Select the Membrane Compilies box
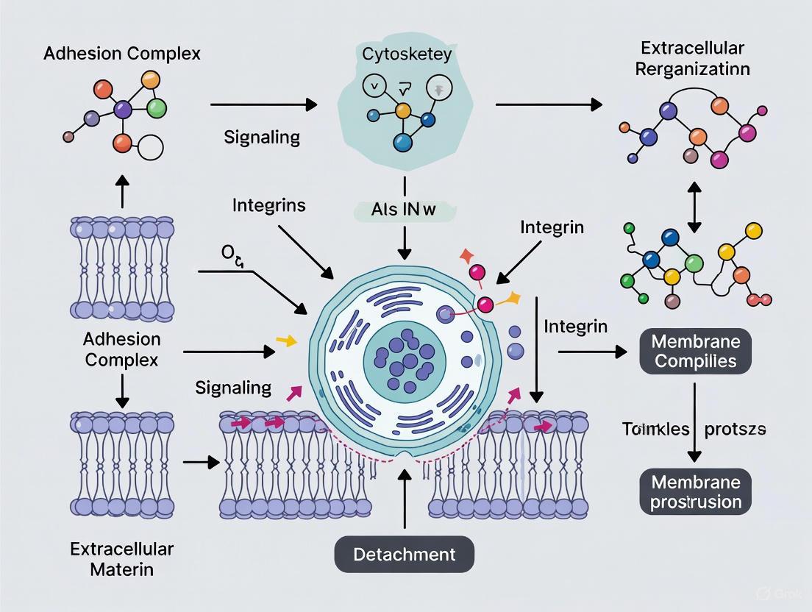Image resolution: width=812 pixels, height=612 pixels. pos(695,351)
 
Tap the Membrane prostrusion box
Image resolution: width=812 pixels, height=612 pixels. pos(695,492)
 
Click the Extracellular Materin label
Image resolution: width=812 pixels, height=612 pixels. pos(121,559)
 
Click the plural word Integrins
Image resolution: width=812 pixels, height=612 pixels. pos(268,204)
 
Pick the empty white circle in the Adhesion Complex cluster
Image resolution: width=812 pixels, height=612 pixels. pos(150,147)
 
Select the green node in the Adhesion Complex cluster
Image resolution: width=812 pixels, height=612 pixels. pos(157,108)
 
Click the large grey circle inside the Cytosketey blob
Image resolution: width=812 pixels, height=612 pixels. pos(439,89)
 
